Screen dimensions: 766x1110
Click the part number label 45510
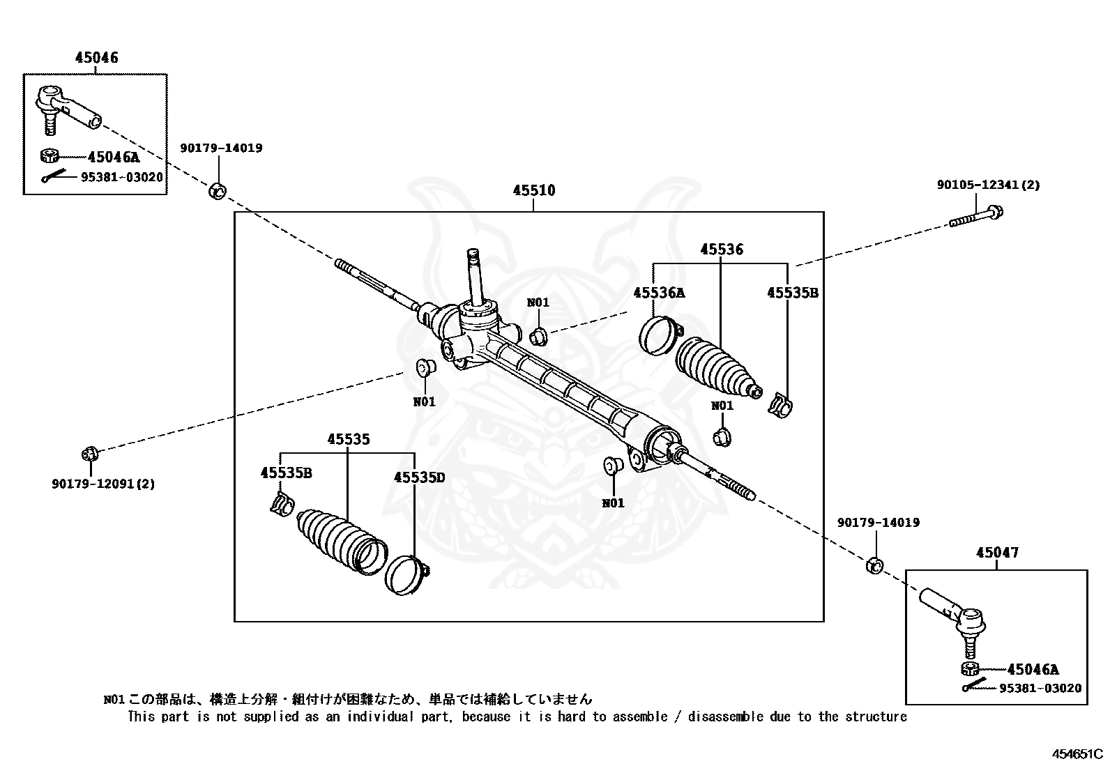[534, 190]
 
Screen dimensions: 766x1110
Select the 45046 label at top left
[97, 58]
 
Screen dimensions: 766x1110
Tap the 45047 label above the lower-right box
[997, 553]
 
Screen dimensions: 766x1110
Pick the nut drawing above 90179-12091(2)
[89, 454]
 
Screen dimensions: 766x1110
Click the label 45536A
[659, 293]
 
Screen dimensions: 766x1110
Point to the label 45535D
[419, 477]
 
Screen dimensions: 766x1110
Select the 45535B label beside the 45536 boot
[792, 293]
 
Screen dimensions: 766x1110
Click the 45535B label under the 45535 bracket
[286, 473]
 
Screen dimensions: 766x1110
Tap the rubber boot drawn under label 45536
[715, 365]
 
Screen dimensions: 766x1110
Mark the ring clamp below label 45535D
[406, 574]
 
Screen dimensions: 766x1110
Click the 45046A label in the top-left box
[114, 158]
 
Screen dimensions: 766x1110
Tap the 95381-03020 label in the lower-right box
[1040, 688]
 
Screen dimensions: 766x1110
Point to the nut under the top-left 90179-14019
[218, 190]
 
